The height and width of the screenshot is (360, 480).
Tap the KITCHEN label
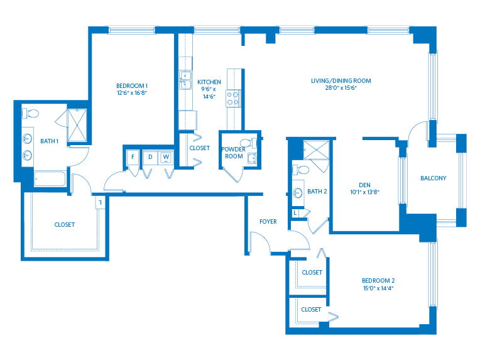(x=209, y=82)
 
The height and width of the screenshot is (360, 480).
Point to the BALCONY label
(x=433, y=178)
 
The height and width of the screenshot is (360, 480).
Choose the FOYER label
(x=268, y=221)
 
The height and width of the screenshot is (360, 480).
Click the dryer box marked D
(x=150, y=157)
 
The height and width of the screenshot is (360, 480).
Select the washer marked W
(x=166, y=157)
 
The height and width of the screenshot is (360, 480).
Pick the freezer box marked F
(x=133, y=157)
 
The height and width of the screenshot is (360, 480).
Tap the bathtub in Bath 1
(x=50, y=179)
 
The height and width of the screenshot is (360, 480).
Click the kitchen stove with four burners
(x=233, y=98)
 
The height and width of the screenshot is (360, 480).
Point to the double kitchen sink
(x=185, y=80)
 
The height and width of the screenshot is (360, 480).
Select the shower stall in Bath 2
(x=316, y=150)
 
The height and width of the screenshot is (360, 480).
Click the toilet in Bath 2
(x=301, y=170)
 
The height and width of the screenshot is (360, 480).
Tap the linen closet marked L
(x=295, y=212)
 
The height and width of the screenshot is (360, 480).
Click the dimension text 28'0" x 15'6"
(x=341, y=88)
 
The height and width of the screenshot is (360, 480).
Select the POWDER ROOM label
(x=234, y=153)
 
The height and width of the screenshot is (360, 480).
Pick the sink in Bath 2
(x=297, y=193)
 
